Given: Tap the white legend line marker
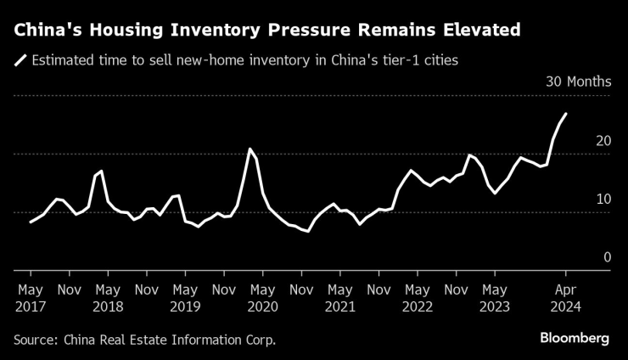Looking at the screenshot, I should tap(20, 61).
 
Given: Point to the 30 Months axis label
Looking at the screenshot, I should tap(577, 82).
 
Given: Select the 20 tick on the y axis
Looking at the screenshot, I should tap(603, 141).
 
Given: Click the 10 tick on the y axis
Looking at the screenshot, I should tap(603, 199).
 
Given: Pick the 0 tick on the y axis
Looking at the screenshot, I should tap(607, 256).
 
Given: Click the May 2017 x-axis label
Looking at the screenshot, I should tap(31, 296).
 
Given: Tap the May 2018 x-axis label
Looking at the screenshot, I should tap(108, 296).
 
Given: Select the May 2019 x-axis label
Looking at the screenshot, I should tap(185, 296).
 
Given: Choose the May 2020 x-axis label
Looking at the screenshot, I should tap(263, 296).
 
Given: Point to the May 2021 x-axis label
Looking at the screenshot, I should tap(340, 296).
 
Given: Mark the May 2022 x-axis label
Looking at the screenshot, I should tap(418, 296).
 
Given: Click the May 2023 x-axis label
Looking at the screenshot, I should tap(495, 296).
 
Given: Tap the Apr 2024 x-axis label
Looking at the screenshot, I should tap(566, 296).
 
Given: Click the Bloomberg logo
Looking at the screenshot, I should tap(575, 338).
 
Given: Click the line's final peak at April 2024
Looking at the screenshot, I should tap(566, 114).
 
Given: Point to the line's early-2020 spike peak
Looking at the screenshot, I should tap(250, 149).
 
